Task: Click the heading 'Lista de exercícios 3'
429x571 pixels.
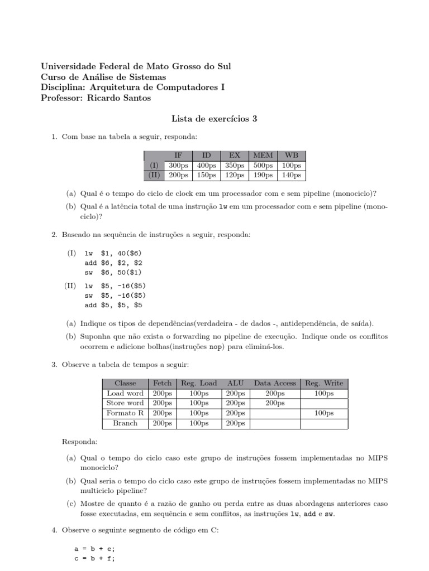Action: coord(213,119)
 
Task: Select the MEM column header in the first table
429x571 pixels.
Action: coord(263,156)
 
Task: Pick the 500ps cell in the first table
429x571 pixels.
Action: coord(263,166)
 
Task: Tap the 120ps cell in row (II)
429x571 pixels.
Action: coord(234,175)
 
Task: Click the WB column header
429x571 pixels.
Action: coord(292,156)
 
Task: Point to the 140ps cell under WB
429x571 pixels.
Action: coord(292,175)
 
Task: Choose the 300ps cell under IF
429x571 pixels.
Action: coord(179,166)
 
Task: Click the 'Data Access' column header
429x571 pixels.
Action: coord(275,383)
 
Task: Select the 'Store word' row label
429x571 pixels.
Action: coord(125,403)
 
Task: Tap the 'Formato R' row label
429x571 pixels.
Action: coord(125,413)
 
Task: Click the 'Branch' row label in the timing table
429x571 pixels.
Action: coord(125,423)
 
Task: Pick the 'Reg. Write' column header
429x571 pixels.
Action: coord(324,383)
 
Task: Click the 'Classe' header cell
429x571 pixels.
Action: coord(125,383)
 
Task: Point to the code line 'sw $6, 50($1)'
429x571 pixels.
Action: coord(113,273)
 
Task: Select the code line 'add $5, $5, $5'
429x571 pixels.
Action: coord(113,305)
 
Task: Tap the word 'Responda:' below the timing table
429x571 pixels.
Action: coord(80,442)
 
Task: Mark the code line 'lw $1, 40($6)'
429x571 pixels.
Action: coord(113,253)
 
